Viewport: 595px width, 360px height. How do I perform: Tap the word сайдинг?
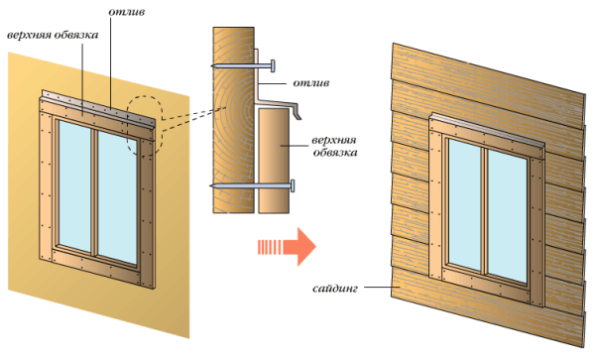(x=332, y=290)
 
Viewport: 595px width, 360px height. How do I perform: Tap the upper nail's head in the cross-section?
(x=270, y=65)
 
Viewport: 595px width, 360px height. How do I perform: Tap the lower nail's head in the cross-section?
(x=294, y=185)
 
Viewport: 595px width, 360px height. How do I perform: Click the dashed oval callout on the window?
(x=144, y=126)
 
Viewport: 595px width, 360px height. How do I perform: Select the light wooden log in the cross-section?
(x=232, y=119)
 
